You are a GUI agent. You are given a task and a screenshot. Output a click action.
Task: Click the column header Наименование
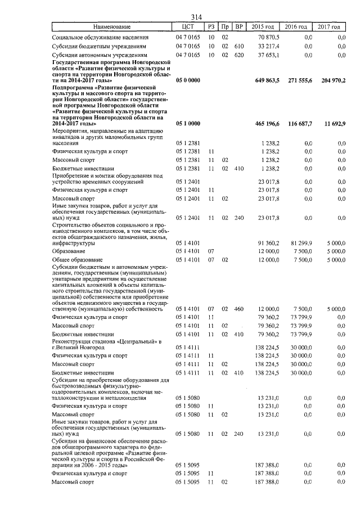click(x=111, y=26)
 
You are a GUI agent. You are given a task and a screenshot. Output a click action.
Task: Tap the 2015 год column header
click(x=263, y=26)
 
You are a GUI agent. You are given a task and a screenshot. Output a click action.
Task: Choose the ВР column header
click(x=238, y=26)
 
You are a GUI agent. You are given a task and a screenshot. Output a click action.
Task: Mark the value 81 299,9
click(x=297, y=242)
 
